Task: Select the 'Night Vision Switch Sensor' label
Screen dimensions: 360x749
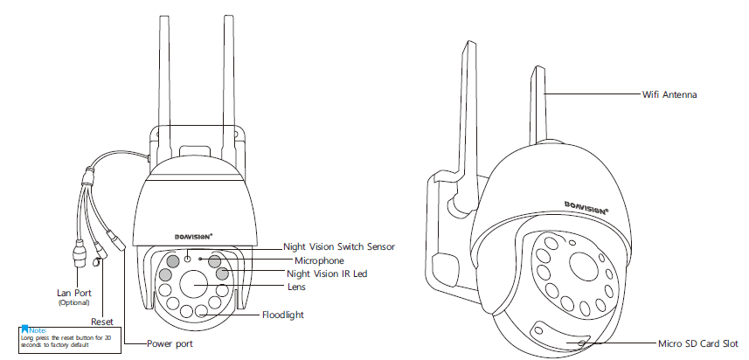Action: pyautogui.click(x=339, y=247)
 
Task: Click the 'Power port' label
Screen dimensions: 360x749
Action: pyautogui.click(x=170, y=344)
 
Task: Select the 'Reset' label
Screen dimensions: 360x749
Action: pyautogui.click(x=102, y=322)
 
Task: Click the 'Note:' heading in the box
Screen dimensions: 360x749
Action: pyautogui.click(x=37, y=329)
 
